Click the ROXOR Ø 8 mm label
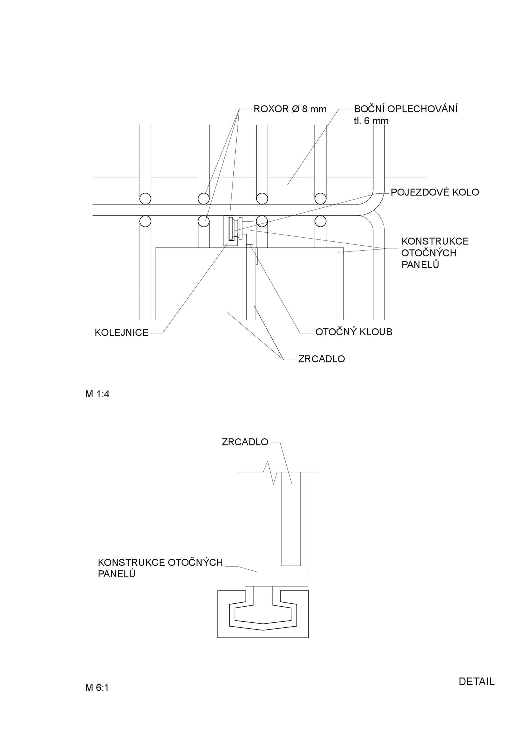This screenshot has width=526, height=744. click(290, 109)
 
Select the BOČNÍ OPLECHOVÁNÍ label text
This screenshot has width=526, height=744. click(406, 109)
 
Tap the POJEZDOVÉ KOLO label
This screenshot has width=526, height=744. click(435, 192)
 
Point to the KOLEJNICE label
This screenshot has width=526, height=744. click(122, 333)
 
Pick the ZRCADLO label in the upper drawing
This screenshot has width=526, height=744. click(322, 359)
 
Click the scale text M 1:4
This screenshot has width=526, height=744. click(97, 394)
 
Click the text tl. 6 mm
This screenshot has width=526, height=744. click(371, 121)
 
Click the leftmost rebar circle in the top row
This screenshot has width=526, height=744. click(145, 198)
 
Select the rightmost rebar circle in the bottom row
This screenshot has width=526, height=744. click(320, 221)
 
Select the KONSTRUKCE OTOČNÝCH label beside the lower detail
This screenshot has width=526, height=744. click(160, 562)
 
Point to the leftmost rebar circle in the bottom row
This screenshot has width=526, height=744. click(145, 221)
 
